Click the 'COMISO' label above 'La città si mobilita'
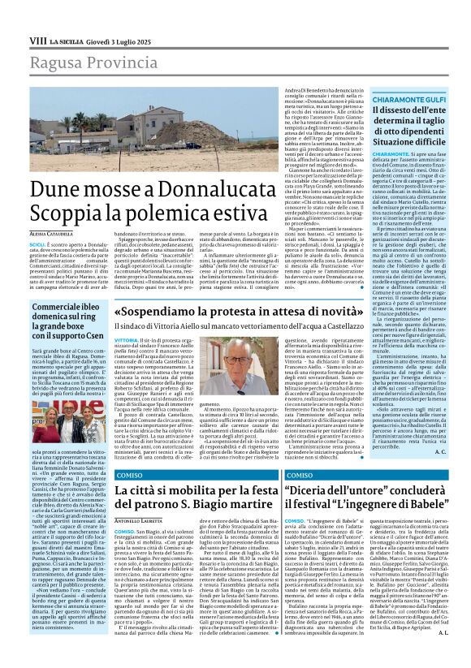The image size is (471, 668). [x=131, y=475]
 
